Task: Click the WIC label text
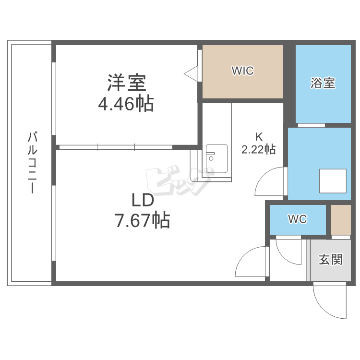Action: [242, 72]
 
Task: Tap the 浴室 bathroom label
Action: [322, 83]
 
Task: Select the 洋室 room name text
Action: [126, 83]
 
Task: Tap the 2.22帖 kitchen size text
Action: [258, 149]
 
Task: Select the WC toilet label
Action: [297, 219]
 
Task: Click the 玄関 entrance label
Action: [331, 260]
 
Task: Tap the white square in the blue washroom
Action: [333, 181]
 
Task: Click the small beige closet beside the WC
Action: [341, 220]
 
